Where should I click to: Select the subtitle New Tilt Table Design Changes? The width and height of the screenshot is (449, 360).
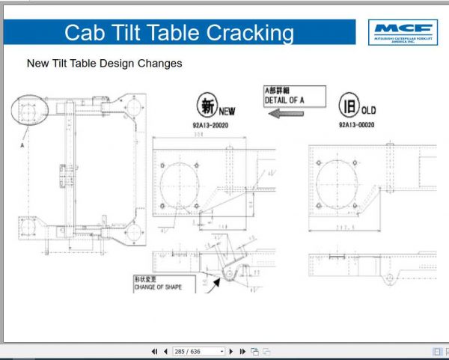coord(105,64)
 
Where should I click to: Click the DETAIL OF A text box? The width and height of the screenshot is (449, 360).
coord(294,96)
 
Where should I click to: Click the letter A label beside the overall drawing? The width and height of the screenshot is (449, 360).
coord(22,147)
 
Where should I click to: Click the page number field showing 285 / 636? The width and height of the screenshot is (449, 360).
coord(198,351)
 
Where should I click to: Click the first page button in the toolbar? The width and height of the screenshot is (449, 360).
coord(154,351)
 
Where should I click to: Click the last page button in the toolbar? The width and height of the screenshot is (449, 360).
coord(242,351)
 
